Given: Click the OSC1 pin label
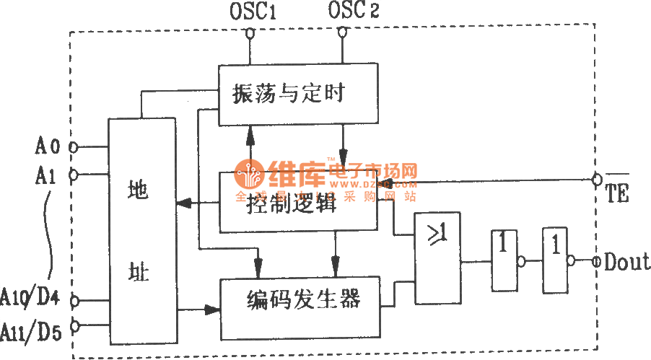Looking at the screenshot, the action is pos(251,12).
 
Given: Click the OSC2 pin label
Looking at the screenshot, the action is pos(353,12).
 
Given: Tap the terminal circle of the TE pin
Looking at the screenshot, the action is pos(598,178).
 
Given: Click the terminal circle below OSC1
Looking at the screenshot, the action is pos(250,32).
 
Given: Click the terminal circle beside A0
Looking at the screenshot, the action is pos(73,147).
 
